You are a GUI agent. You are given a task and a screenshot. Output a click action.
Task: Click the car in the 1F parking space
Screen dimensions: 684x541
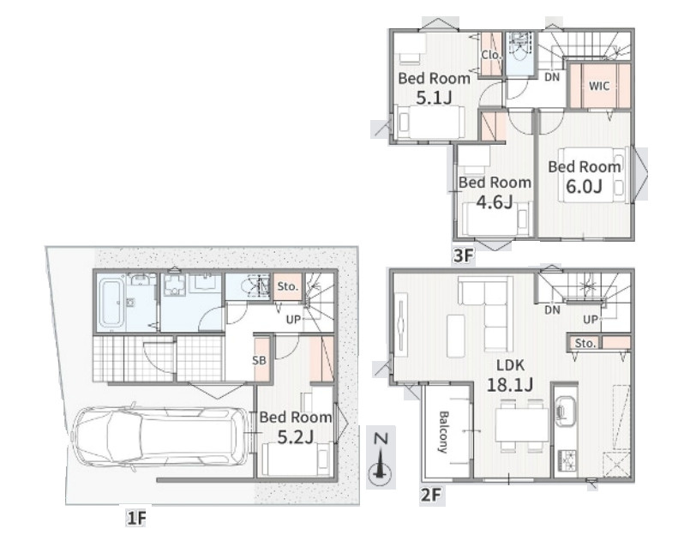(x=159, y=437)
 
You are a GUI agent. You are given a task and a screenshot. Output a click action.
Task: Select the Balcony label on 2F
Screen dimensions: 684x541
(x=443, y=432)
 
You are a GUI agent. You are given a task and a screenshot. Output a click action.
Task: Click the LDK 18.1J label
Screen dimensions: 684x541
(x=509, y=376)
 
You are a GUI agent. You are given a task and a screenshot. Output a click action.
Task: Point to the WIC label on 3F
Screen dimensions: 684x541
(x=599, y=86)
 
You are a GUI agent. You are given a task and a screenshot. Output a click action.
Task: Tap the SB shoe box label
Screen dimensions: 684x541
(x=259, y=360)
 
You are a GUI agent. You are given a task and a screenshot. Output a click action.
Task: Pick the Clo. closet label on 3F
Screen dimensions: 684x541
(x=492, y=56)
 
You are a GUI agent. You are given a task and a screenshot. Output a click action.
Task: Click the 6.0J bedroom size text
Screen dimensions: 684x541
(x=584, y=187)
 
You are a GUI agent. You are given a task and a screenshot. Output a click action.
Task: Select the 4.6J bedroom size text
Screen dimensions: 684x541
(x=495, y=202)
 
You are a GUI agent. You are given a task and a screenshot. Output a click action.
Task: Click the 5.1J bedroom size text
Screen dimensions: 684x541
(x=434, y=98)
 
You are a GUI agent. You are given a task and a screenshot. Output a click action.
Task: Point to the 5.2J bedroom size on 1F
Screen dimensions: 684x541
(x=296, y=436)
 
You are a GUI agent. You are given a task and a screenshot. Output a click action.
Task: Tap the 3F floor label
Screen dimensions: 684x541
(x=463, y=256)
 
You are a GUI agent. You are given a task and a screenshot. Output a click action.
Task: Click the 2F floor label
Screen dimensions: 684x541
(x=431, y=496)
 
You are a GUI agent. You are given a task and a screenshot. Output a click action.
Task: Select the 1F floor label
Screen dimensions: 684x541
(x=136, y=519)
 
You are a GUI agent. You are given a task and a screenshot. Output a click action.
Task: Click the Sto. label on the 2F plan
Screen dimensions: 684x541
(x=585, y=343)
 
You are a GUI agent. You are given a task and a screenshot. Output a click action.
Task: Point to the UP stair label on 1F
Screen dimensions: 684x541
(x=294, y=319)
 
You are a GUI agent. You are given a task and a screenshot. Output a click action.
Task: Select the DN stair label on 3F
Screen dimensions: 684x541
(x=552, y=77)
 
